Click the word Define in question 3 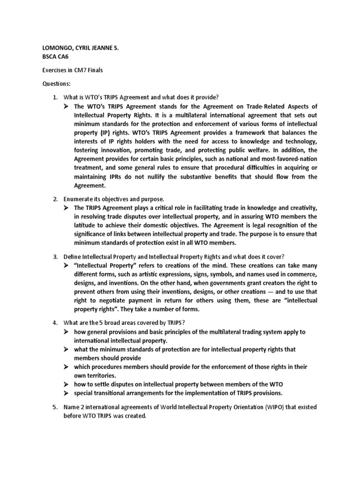click(x=72, y=257)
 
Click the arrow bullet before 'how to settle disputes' click(x=67, y=385)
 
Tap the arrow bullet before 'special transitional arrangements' click(x=67, y=393)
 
